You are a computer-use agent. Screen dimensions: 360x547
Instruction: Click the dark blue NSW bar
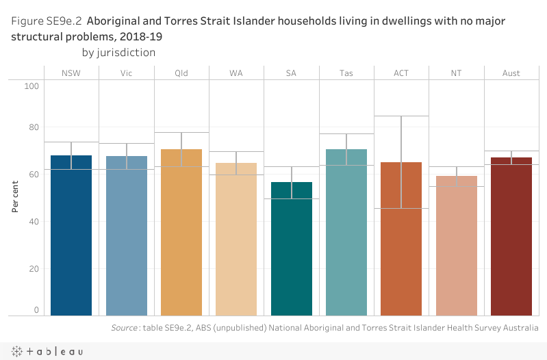click(x=71, y=235)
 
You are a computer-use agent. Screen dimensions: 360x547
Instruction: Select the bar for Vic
click(x=127, y=235)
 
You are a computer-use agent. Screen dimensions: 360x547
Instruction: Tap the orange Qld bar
click(x=181, y=233)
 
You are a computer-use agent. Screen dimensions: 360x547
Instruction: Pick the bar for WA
click(x=236, y=240)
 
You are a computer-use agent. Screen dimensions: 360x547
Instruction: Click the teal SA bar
click(x=292, y=249)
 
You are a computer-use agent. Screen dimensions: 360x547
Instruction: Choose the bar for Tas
click(x=346, y=233)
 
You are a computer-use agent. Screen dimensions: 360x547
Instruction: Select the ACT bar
click(x=401, y=240)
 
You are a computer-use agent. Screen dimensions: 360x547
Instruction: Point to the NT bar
click(x=456, y=246)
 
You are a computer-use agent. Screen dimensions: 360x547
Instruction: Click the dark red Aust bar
click(x=511, y=237)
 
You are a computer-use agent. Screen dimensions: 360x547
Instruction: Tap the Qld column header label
click(x=181, y=73)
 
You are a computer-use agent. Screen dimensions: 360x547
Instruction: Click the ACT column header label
click(x=401, y=73)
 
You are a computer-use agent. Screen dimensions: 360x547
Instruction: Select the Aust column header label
click(x=511, y=73)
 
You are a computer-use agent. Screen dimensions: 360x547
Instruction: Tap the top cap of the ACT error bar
click(x=401, y=116)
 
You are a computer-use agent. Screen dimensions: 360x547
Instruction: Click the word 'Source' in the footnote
click(x=125, y=329)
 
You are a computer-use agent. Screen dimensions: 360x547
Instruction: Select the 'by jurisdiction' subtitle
click(x=118, y=52)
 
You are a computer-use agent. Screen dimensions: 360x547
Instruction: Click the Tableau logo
click(x=45, y=351)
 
